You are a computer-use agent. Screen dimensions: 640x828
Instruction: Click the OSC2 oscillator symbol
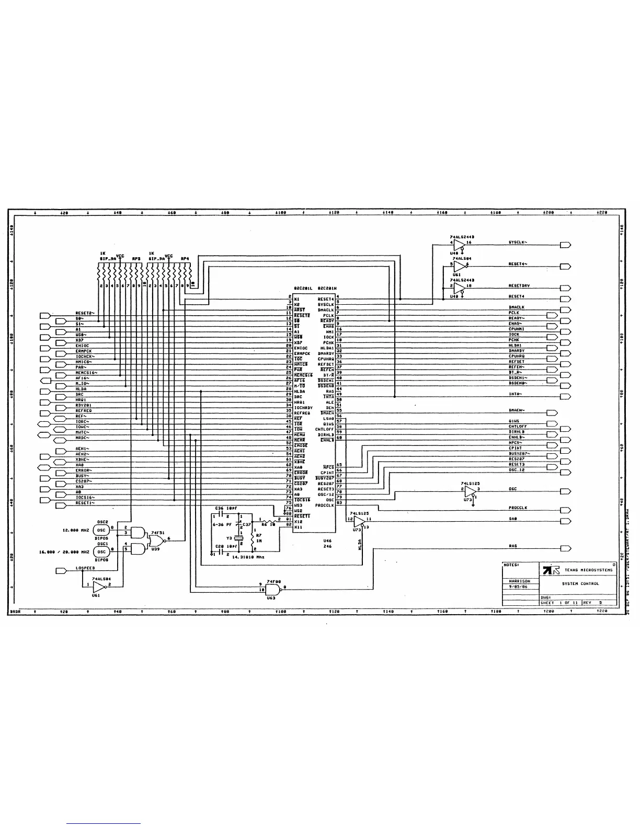click(102, 530)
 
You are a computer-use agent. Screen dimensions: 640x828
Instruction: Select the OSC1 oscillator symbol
click(102, 551)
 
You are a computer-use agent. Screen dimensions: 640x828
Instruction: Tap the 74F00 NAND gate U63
click(272, 590)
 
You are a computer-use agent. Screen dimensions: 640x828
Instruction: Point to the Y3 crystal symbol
click(239, 538)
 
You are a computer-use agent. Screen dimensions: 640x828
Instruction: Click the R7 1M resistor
click(253, 539)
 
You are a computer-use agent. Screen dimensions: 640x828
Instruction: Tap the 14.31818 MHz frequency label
click(244, 557)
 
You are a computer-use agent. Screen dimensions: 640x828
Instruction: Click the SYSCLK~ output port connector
click(565, 245)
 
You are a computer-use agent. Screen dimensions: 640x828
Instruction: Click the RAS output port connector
click(565, 548)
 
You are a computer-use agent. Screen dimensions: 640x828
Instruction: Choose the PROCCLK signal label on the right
click(518, 508)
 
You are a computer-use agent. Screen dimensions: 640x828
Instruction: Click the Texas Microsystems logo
click(548, 570)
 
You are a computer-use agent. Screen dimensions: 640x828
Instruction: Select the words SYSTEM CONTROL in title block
click(580, 583)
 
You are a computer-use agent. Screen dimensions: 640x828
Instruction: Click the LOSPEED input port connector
click(61, 571)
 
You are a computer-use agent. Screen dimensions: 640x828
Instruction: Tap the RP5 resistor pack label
click(135, 258)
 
